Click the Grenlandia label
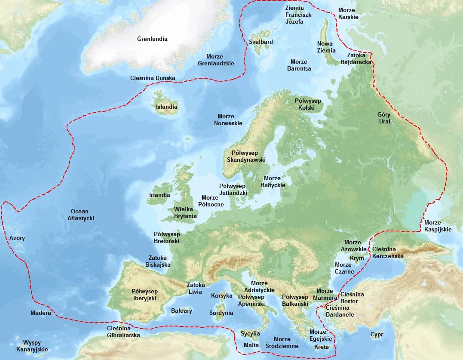(152, 39)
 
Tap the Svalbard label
(261, 42)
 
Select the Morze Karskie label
(348, 13)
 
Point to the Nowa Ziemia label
(326, 47)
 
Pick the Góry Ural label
(384, 118)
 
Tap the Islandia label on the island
(167, 107)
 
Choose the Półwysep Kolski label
(308, 104)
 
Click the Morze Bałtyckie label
(272, 182)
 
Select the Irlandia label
(159, 195)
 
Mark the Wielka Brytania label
(185, 212)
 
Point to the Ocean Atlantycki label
(80, 215)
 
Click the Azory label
(17, 238)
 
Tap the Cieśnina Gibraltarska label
(123, 332)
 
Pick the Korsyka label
(221, 295)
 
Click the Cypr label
(377, 334)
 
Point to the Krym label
(357, 258)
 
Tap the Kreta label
(322, 347)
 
